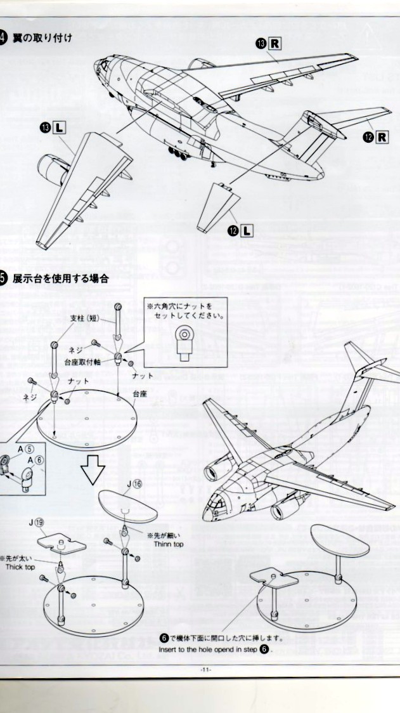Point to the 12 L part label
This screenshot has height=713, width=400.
239,230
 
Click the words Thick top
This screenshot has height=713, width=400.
20,566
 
